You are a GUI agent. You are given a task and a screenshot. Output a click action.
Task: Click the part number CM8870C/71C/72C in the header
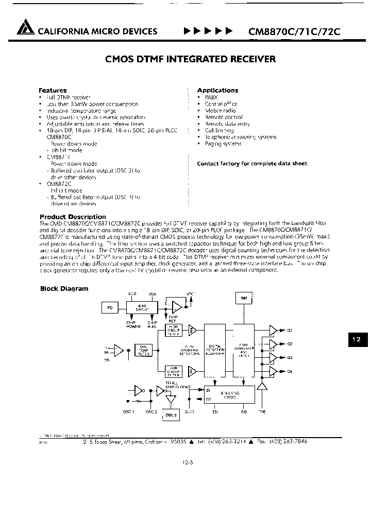click(294, 31)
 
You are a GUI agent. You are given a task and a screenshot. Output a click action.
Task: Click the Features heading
click(53, 90)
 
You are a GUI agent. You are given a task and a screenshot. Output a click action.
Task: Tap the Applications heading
click(217, 90)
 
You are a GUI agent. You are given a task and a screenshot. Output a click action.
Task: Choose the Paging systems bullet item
click(223, 144)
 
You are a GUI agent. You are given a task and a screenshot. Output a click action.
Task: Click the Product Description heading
click(73, 217)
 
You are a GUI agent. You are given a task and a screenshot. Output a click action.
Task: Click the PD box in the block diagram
click(110, 308)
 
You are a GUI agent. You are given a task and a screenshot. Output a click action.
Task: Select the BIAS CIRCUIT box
click(141, 307)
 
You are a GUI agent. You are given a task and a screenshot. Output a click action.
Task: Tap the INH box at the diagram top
click(244, 299)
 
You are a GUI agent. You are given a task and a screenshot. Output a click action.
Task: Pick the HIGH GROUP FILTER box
click(173, 330)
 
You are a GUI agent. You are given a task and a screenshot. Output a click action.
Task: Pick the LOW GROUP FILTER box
click(173, 370)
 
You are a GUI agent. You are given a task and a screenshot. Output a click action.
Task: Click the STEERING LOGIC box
click(229, 394)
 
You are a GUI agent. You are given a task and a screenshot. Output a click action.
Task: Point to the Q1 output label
click(289, 331)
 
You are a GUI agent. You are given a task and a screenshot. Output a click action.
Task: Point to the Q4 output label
click(289, 371)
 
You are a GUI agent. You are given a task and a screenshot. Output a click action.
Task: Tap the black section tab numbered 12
click(357, 340)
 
